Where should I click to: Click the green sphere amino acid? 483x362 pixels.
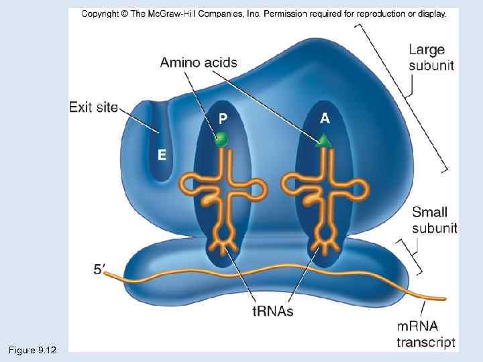221,139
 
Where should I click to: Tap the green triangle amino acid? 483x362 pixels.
324,140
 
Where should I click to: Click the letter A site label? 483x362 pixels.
325,118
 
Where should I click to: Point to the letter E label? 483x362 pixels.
162,155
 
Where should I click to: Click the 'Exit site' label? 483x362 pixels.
93,107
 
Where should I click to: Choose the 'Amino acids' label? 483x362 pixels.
199,63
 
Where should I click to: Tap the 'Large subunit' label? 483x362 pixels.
431,57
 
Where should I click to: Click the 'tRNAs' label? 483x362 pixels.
272,312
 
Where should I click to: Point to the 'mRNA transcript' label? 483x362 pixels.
426,335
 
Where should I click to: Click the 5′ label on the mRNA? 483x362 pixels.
99,269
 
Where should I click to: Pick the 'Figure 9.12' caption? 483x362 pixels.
33,350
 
